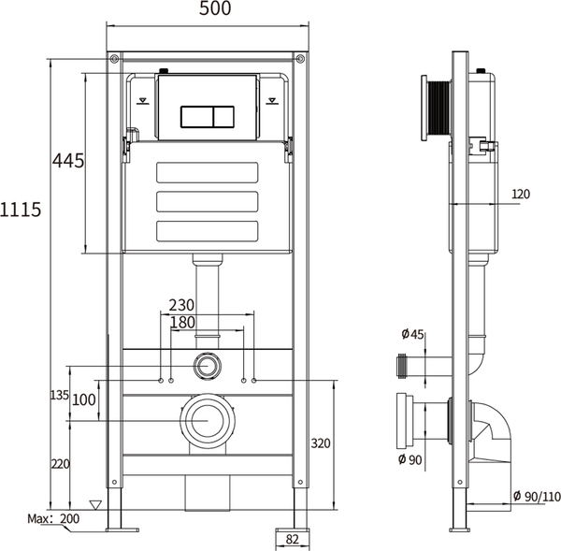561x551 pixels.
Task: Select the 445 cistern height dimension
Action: coord(67,161)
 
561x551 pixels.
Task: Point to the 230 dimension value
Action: coord(183,304)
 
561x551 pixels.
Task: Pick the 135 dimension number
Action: coord(59,396)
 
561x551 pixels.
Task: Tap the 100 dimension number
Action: coord(84,400)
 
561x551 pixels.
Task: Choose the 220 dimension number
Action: coord(59,463)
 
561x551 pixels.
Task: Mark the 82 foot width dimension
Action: coord(291,539)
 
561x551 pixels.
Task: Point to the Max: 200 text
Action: coord(52,518)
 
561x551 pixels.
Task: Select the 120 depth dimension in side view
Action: coord(521,195)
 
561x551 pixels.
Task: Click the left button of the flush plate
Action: coord(194,117)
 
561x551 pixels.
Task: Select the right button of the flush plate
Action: coord(223,117)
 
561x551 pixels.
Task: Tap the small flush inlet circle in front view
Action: coord(208,366)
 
